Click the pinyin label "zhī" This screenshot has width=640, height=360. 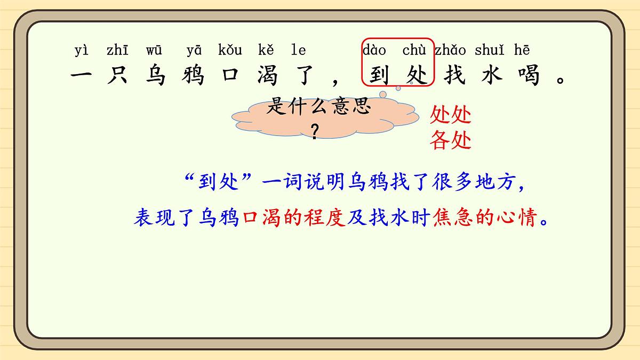pyautogui.click(x=117, y=51)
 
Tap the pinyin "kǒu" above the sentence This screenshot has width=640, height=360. pyautogui.click(x=230, y=51)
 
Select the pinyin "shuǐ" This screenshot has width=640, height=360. pyautogui.click(x=489, y=51)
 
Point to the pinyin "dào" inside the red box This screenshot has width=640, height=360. pyautogui.click(x=374, y=51)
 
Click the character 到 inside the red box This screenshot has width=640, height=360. pyautogui.click(x=379, y=75)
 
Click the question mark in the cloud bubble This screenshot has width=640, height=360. pyautogui.click(x=315, y=131)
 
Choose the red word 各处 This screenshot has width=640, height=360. pyautogui.click(x=451, y=140)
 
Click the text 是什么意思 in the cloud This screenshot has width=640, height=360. pyautogui.click(x=318, y=107)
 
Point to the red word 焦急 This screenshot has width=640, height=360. pyautogui.click(x=453, y=219)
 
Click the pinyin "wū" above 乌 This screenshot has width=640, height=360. pyautogui.click(x=154, y=51)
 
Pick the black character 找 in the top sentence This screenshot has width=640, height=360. pyautogui.click(x=455, y=75)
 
